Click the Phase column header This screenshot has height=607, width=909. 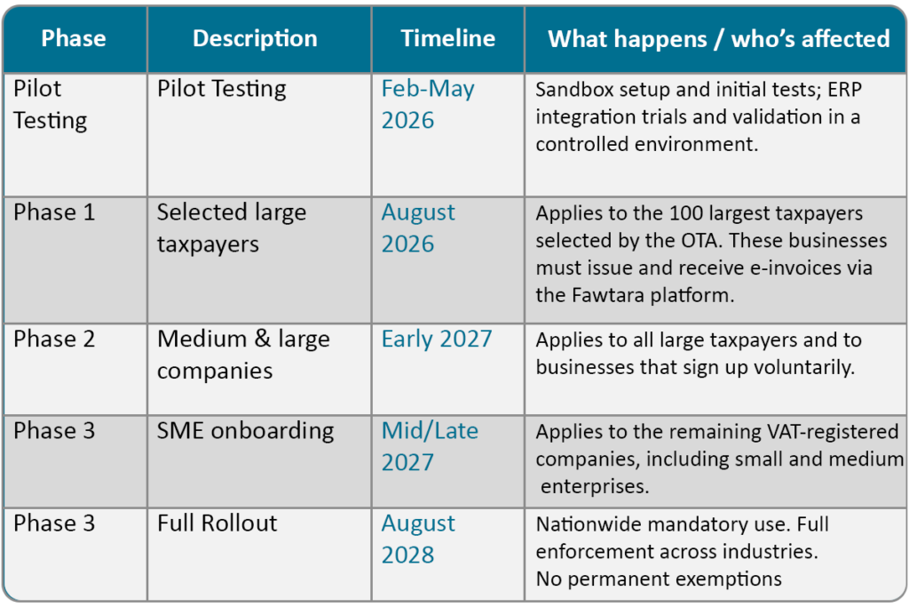(74, 39)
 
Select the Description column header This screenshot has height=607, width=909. (255, 39)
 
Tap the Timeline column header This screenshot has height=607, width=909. (447, 39)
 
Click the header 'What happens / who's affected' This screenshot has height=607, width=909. (718, 39)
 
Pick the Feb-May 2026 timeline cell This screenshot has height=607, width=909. (428, 104)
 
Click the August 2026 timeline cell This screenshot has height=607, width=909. (418, 228)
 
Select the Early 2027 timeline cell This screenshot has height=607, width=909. (437, 339)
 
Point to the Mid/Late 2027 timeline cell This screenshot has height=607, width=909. (430, 446)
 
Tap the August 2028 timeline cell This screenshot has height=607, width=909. (418, 539)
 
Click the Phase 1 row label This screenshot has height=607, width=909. (54, 212)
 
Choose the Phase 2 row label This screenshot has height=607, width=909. (54, 339)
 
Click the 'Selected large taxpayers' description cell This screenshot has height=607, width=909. (232, 228)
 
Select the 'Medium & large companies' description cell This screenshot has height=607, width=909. (243, 354)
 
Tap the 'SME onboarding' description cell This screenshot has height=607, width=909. (246, 431)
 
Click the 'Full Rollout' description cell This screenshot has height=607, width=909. (217, 523)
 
